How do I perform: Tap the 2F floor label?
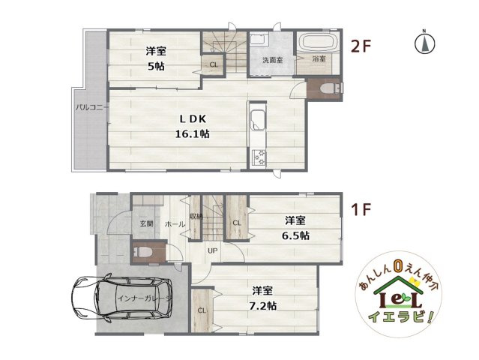coord(362,46)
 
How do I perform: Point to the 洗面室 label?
coord(272,60)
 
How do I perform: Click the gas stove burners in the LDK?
coord(259,158)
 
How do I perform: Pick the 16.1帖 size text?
coord(193,134)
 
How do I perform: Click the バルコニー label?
coord(92,107)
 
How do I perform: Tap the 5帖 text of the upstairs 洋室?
coord(156,66)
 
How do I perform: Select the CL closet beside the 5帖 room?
coord(213,65)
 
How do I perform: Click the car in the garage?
coord(116,300)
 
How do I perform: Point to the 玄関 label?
coord(145,223)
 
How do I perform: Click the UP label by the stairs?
coord(213,250)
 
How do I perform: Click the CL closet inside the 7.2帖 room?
coord(201,310)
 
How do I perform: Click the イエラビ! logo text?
coord(406,317)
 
